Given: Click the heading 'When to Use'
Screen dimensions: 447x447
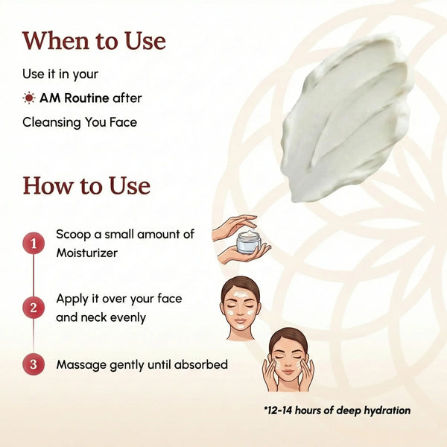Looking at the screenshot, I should pyautogui.click(x=94, y=40).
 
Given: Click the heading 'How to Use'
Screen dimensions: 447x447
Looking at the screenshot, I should pyautogui.click(x=86, y=185).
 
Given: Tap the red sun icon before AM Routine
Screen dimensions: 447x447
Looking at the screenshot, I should pyautogui.click(x=29, y=98).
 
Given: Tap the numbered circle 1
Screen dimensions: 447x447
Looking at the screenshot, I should pyautogui.click(x=33, y=243).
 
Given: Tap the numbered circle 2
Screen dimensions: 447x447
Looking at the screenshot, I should pyautogui.click(x=33, y=307).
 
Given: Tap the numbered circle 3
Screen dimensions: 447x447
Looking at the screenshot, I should pyautogui.click(x=33, y=365).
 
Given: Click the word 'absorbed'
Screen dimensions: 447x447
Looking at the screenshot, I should pyautogui.click(x=202, y=365).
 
